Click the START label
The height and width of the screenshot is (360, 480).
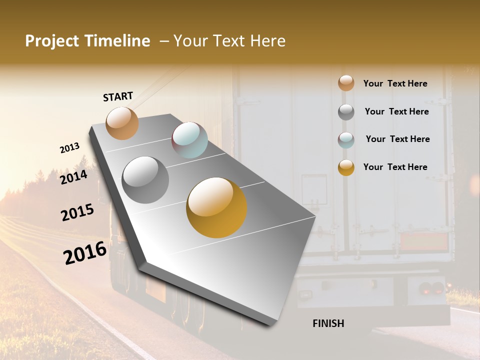pos(118,96)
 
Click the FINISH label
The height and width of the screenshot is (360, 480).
pos(328,323)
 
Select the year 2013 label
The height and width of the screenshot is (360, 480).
pos(69,148)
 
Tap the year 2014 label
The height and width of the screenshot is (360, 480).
pos(74,177)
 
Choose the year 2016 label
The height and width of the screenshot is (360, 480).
pos(85,253)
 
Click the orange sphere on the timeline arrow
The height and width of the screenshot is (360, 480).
pos(122,123)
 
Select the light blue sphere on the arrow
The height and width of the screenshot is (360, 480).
pos(189,140)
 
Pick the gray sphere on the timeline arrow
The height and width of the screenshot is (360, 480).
pos(145,180)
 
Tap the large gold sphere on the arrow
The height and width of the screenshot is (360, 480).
pos(216,207)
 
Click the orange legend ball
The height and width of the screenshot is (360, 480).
pos(346,83)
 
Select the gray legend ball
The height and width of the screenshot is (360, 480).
pos(346,112)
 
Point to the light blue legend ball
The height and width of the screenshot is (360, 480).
pos(346,140)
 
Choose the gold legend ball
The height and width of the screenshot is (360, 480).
pos(346,167)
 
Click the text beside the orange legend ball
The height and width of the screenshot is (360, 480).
pos(395,83)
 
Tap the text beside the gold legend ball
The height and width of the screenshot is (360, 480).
pos(395,167)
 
